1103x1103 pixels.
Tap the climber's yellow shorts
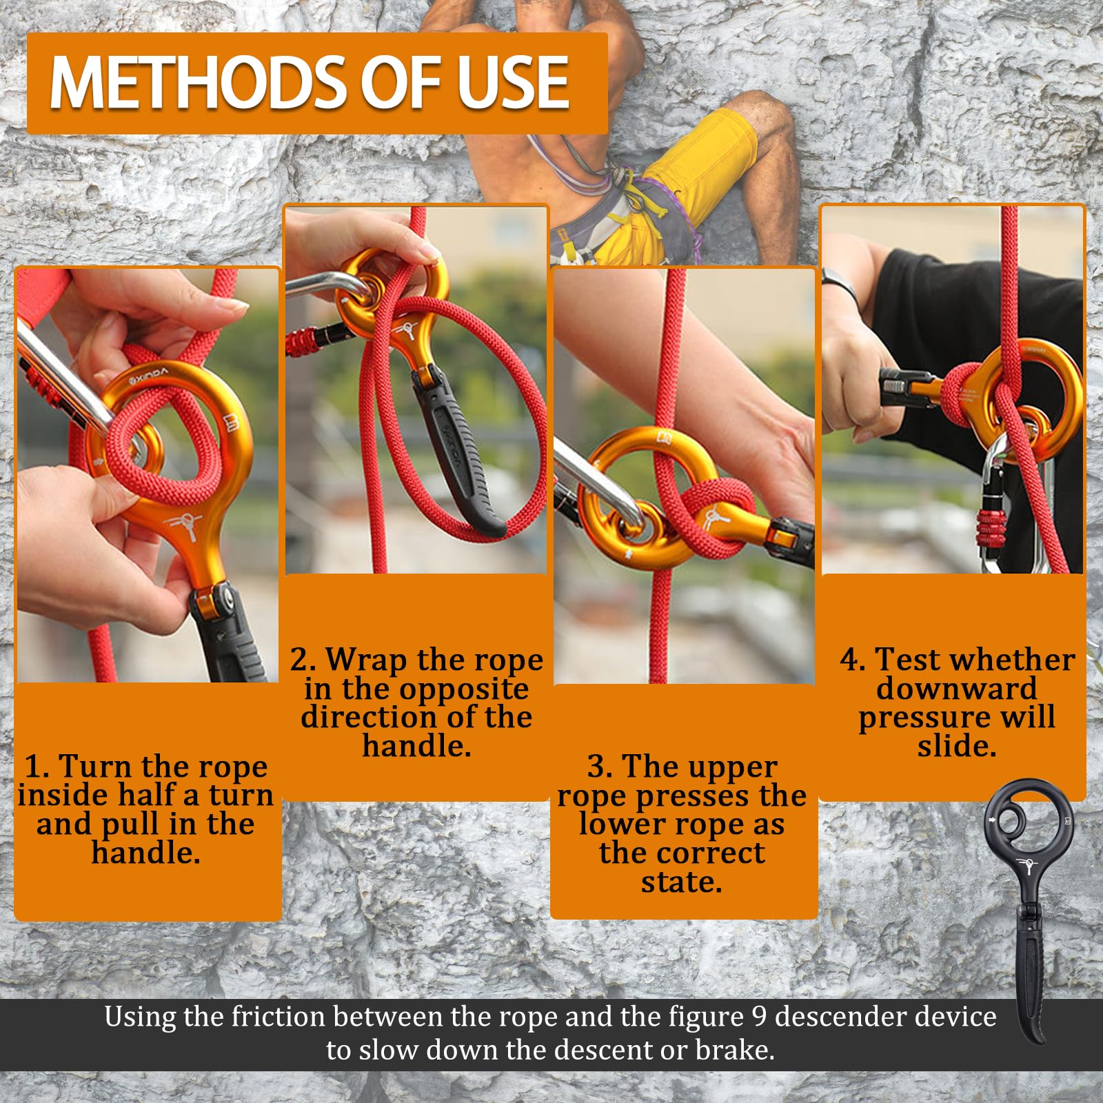696,179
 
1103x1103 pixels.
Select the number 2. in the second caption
302,660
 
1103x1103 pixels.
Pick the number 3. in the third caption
600,767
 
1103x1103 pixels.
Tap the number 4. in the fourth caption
852,660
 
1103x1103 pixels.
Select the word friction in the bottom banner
278,1017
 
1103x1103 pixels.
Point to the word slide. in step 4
957,746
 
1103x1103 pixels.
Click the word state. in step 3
682,882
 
